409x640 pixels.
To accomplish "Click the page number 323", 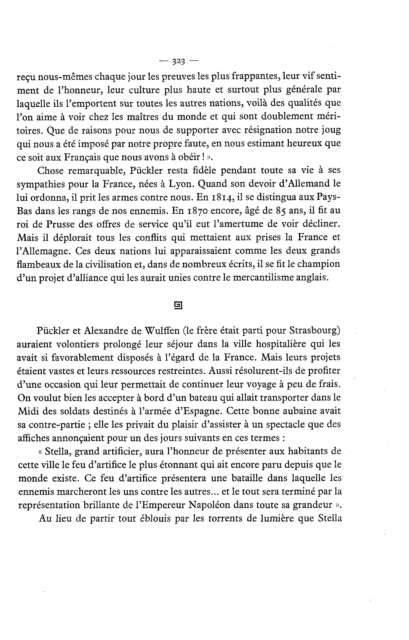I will coord(178,62).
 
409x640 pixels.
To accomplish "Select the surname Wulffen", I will coord(162,331).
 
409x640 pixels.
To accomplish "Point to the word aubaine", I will coord(302,411).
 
